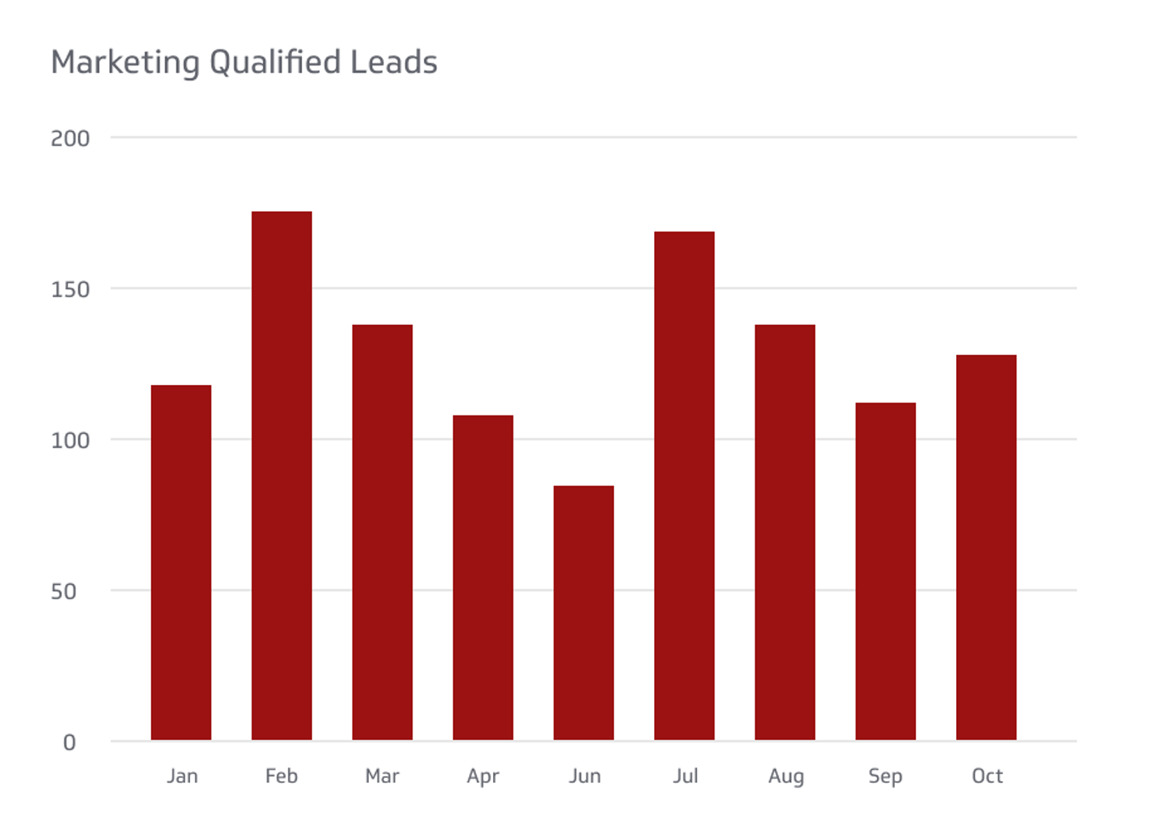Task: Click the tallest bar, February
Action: click(281, 475)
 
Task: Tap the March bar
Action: click(382, 532)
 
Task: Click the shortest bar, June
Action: click(583, 613)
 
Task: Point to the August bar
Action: click(785, 532)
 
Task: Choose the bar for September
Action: click(886, 571)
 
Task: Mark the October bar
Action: click(986, 547)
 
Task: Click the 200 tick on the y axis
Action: click(70, 139)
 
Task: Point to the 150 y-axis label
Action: click(70, 290)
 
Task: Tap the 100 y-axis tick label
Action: click(70, 441)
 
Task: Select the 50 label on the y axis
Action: click(64, 592)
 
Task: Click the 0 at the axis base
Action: click(69, 743)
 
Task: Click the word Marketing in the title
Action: click(125, 63)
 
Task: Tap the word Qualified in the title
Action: click(274, 63)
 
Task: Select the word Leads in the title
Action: click(393, 63)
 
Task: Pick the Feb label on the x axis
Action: click(281, 777)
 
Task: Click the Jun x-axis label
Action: click(584, 777)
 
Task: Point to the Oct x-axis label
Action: click(987, 777)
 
